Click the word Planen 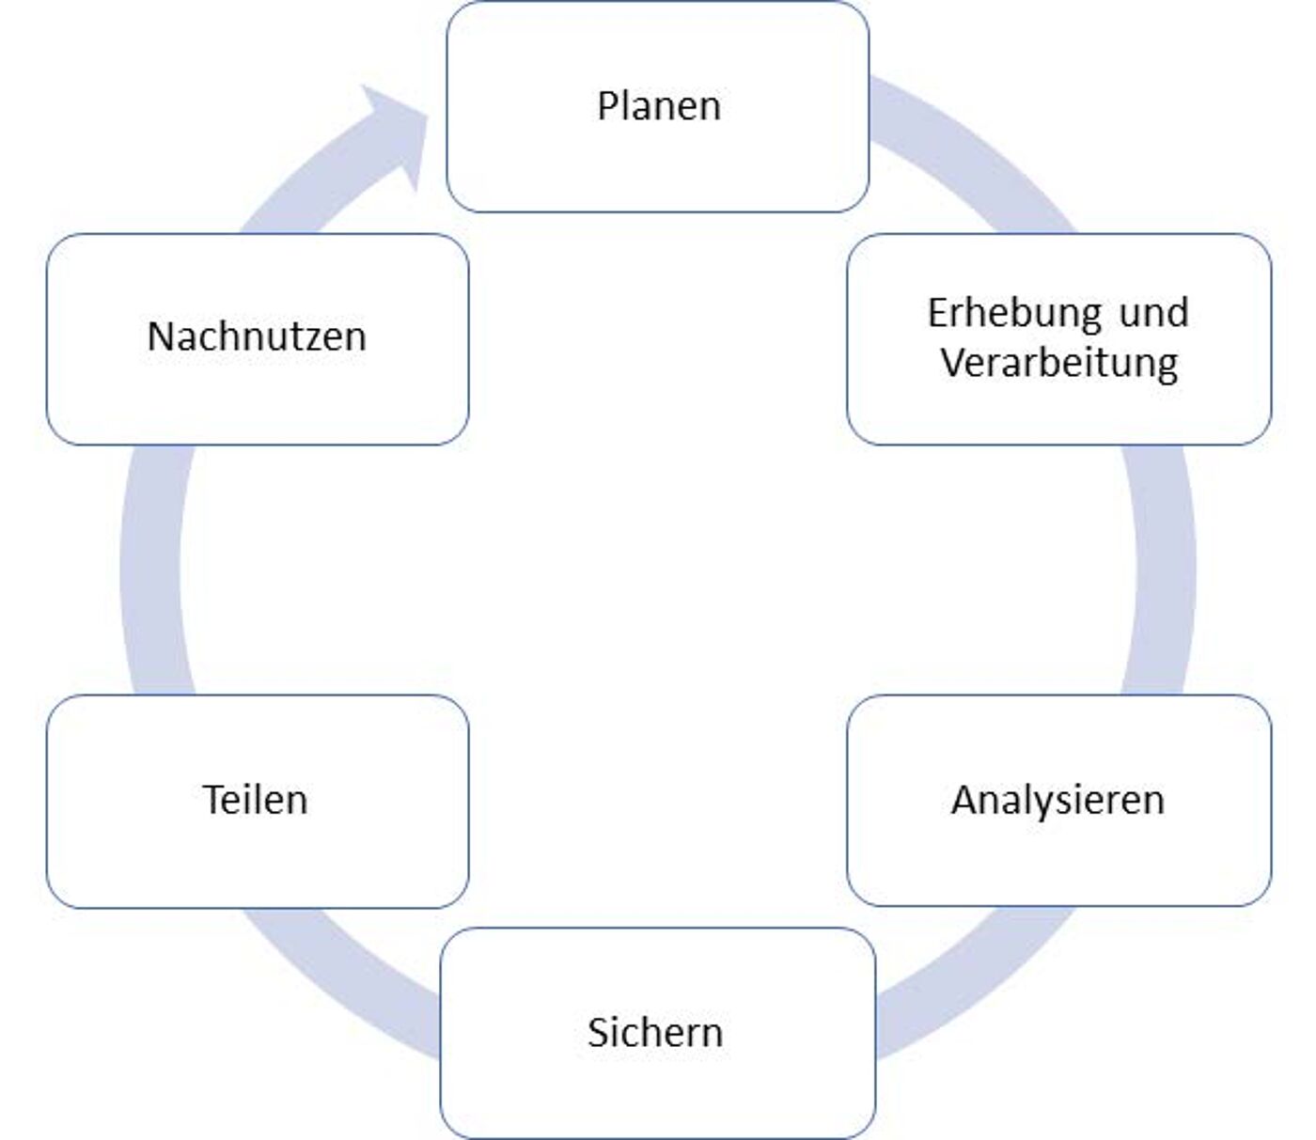[x=659, y=105]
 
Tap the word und [x=1153, y=313]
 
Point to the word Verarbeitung [x=1059, y=363]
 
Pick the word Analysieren [x=1057, y=801]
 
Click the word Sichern [x=655, y=1032]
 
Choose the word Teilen [x=255, y=800]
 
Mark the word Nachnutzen [x=257, y=336]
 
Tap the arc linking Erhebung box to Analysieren [x=1161, y=570]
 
